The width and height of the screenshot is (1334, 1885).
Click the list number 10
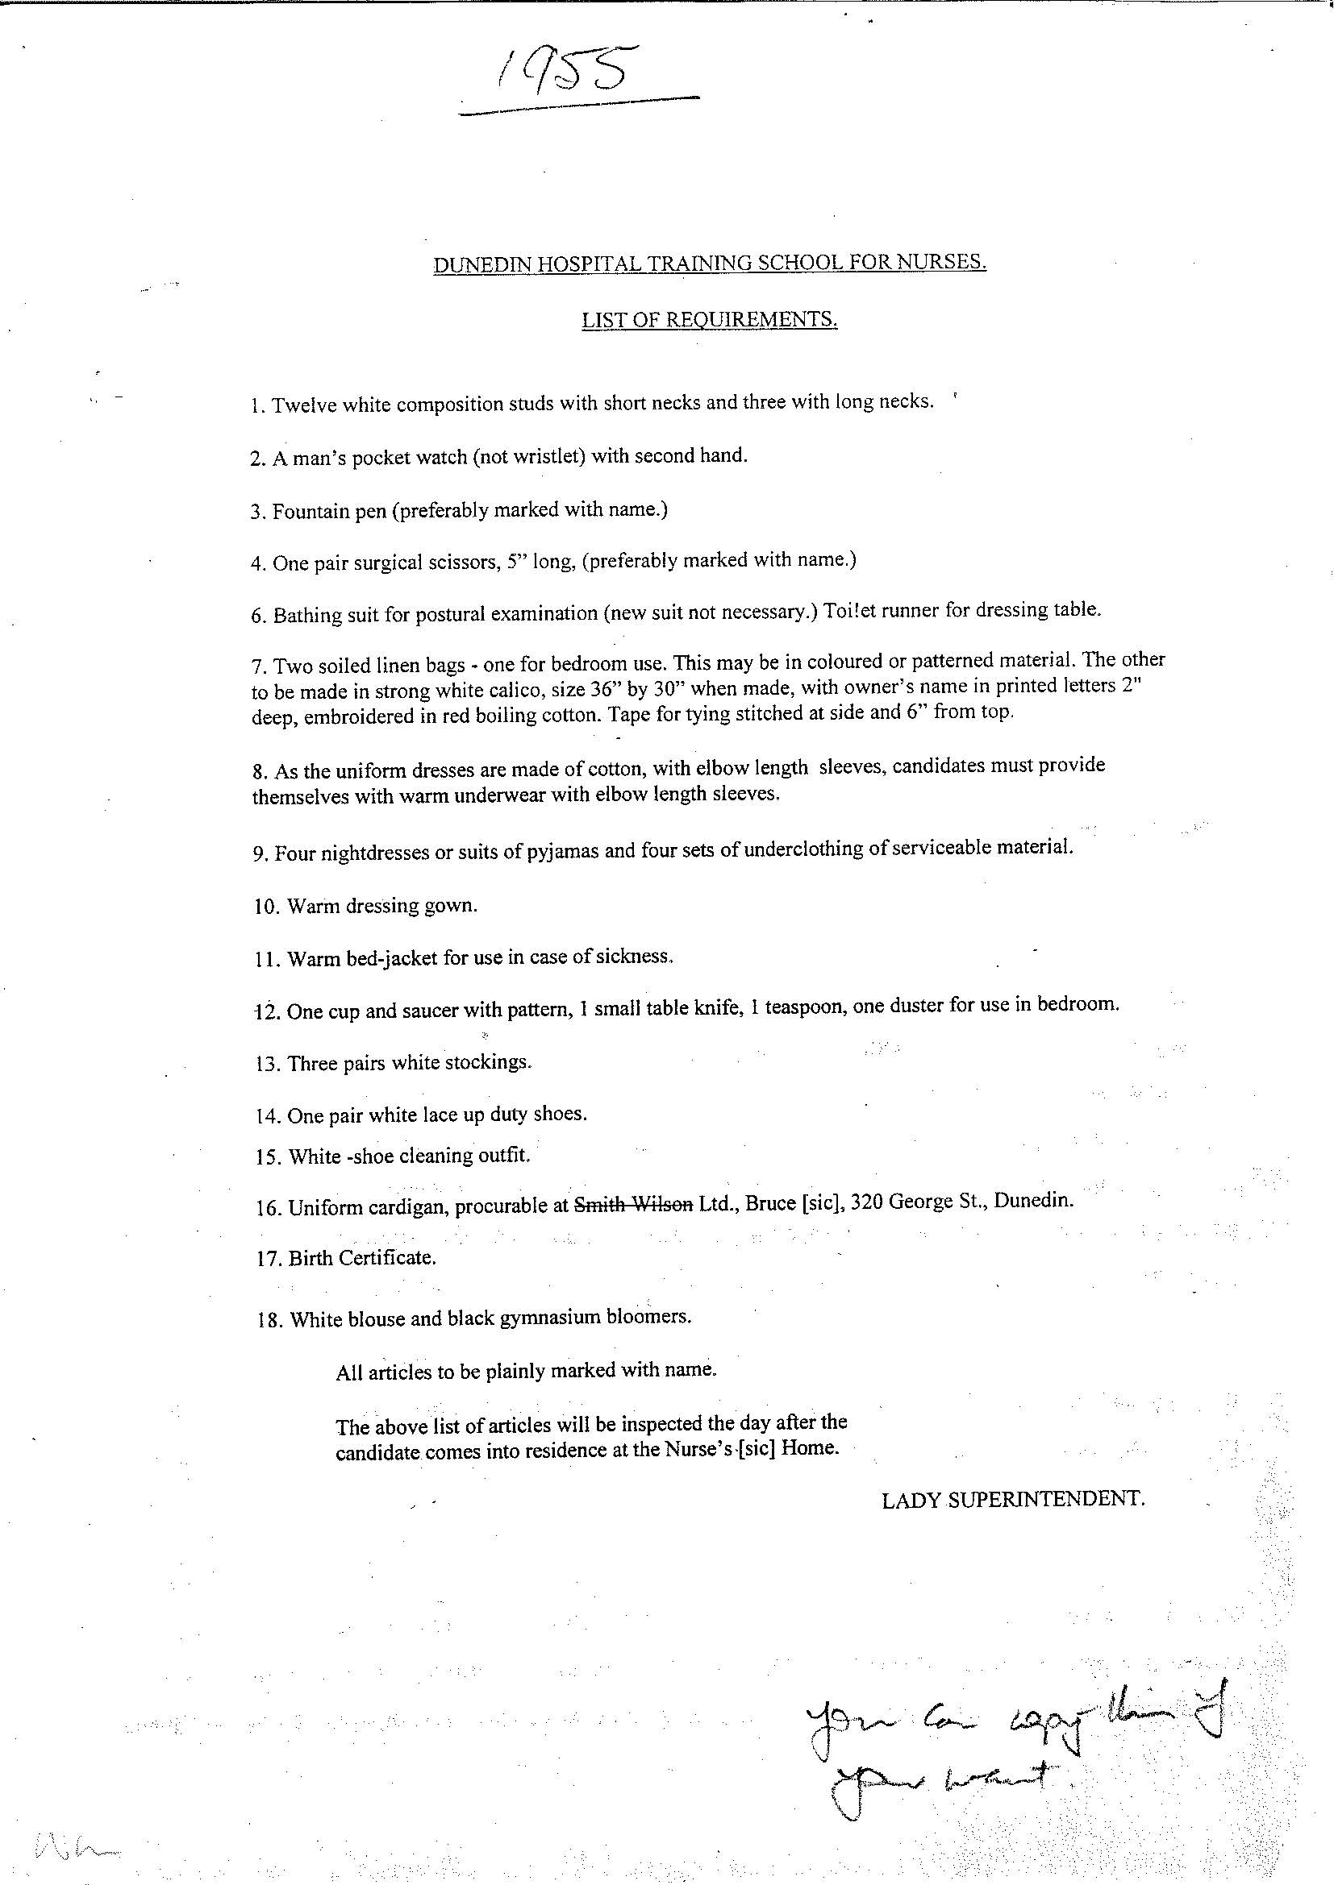(x=267, y=907)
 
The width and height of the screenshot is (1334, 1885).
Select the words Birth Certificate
(x=361, y=1258)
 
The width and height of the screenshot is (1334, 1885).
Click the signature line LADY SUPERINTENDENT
(x=1013, y=1499)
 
